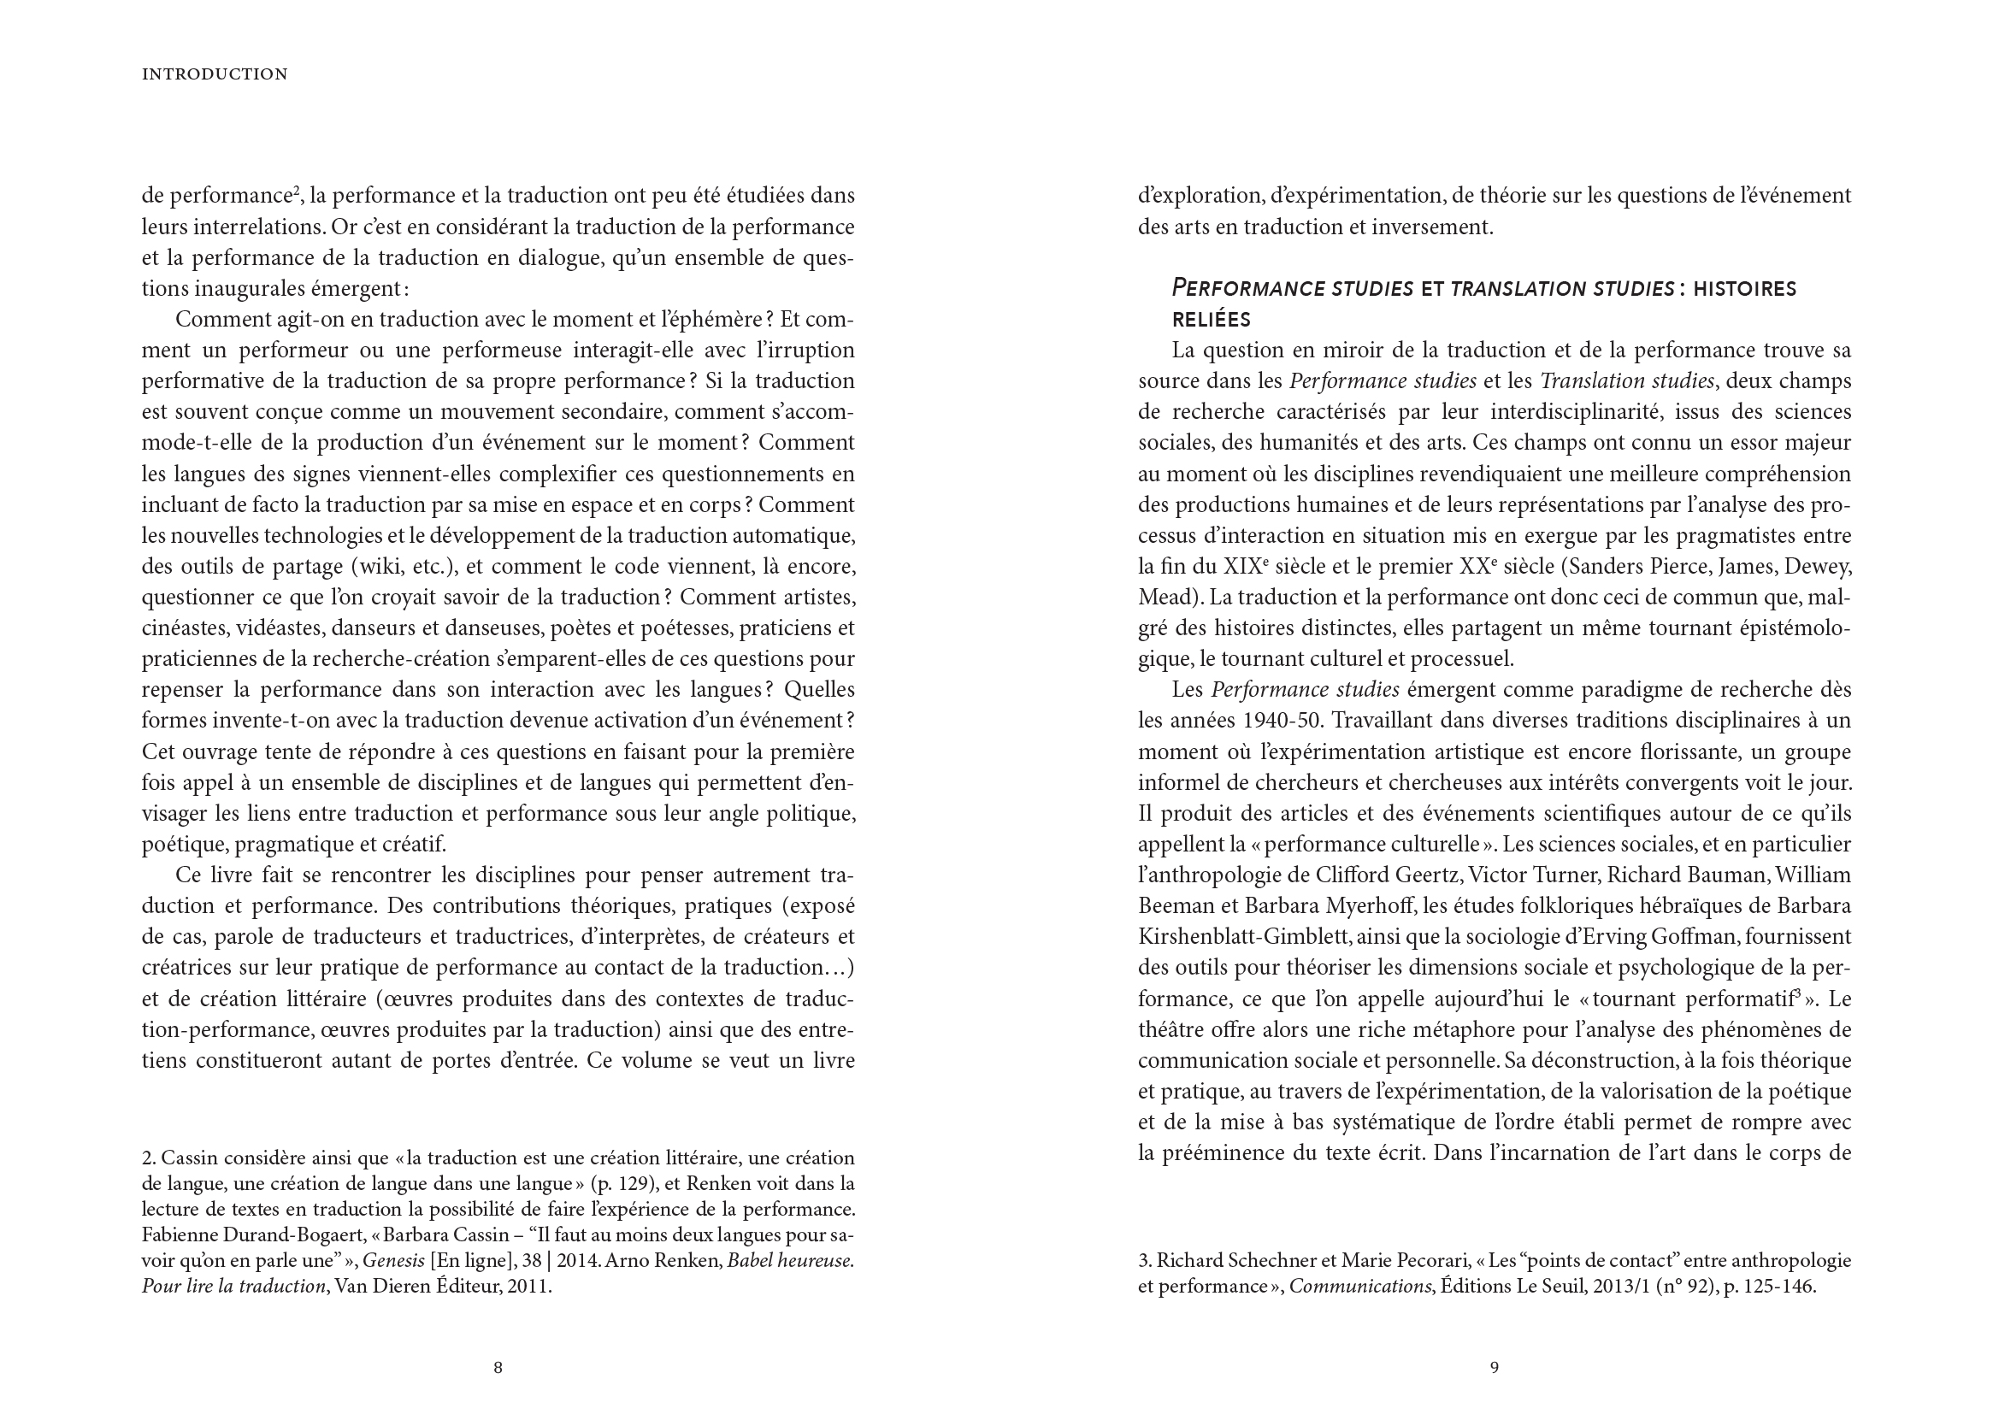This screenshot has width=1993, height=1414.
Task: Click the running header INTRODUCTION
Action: [215, 75]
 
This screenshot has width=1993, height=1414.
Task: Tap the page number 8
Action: [498, 1368]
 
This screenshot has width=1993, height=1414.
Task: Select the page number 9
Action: [1494, 1368]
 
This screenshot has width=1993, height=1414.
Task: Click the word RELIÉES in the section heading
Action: [1212, 320]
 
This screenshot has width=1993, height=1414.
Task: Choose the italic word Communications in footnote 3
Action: [1359, 1286]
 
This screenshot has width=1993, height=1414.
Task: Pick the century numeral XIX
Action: [1242, 567]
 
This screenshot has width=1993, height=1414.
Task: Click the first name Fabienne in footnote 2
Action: [178, 1235]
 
